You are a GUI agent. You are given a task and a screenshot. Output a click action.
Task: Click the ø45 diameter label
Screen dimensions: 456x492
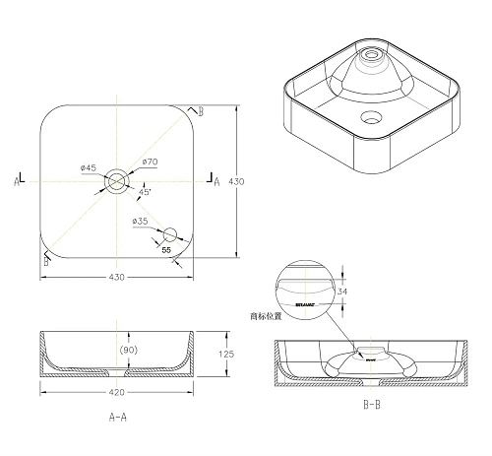point(88,167)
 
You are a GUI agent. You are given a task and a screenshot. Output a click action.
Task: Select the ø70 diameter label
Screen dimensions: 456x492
point(151,162)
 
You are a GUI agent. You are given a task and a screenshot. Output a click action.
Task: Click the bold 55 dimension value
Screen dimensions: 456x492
point(167,251)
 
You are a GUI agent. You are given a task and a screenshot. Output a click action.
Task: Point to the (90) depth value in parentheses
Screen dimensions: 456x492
point(128,350)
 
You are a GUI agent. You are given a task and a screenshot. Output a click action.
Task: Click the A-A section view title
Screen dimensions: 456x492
point(117,418)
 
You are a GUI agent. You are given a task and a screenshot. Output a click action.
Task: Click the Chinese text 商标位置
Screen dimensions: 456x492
point(267,316)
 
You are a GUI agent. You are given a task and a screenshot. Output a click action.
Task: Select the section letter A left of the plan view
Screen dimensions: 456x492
point(18,181)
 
